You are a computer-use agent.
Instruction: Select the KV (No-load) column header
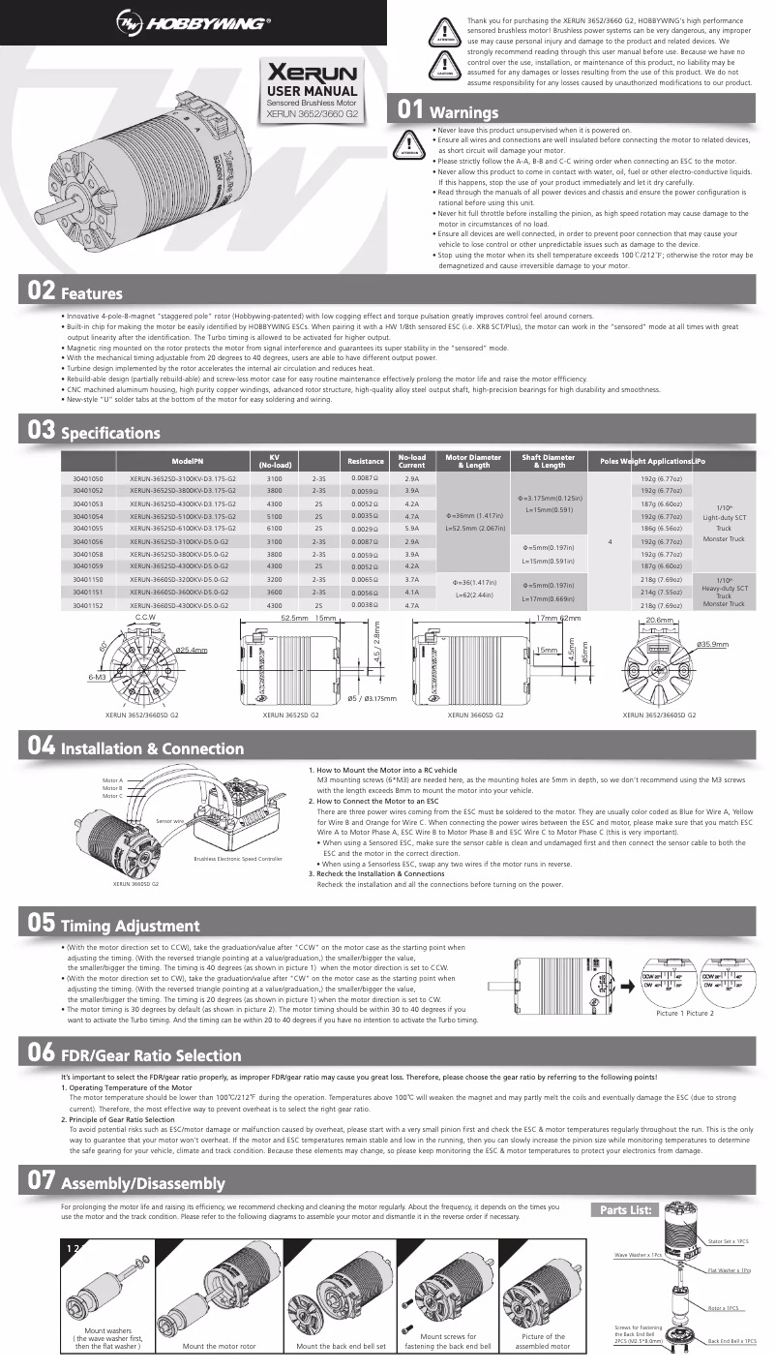coord(274,461)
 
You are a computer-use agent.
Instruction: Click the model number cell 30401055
coord(88,529)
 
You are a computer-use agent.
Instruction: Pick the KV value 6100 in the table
coord(274,529)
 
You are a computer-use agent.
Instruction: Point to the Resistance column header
coord(365,461)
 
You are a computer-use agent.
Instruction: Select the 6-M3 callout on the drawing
coord(96,677)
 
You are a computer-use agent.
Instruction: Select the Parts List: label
coord(629,1208)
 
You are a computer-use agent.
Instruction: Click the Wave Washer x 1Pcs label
coord(639,1255)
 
